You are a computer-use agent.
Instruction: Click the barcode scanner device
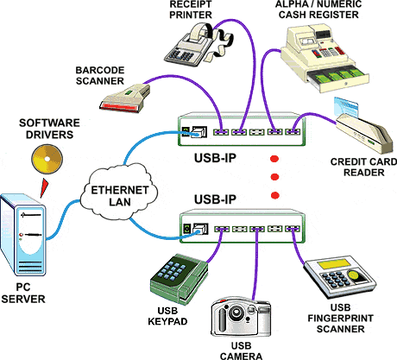(x=125, y=98)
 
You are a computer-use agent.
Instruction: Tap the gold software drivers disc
(x=47, y=160)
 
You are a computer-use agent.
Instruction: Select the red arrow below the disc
(x=44, y=188)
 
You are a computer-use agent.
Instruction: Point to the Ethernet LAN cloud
(x=119, y=193)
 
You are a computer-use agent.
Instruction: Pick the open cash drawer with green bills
(x=337, y=77)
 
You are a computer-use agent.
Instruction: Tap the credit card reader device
(x=365, y=133)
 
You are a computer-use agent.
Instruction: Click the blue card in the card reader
(x=346, y=106)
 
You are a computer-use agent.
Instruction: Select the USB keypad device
(x=180, y=279)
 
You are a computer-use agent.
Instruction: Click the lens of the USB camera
(x=236, y=313)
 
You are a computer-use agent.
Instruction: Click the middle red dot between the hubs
(x=274, y=177)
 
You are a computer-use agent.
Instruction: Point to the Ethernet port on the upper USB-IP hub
(x=199, y=132)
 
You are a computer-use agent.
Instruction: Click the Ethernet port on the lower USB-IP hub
(x=200, y=230)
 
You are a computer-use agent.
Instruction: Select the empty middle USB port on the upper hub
(x=256, y=132)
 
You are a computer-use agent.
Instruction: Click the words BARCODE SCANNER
(x=100, y=76)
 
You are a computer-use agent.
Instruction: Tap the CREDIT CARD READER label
(x=363, y=167)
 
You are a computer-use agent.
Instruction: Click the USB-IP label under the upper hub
(x=215, y=158)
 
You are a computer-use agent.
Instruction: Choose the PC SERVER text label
(x=23, y=293)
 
